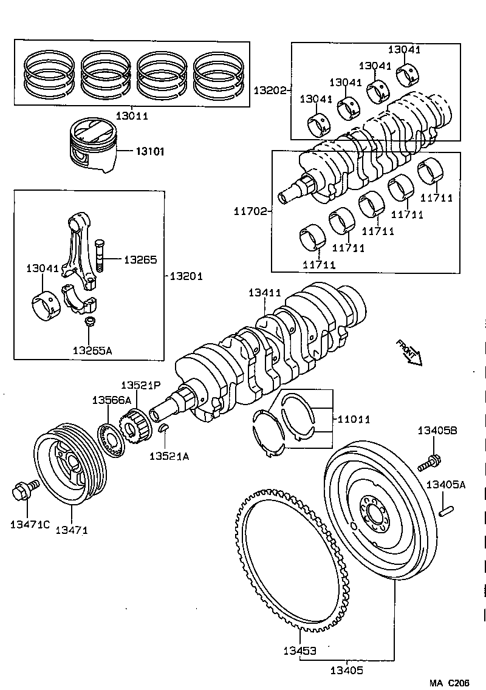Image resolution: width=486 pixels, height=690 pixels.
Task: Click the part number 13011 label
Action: pyautogui.click(x=131, y=115)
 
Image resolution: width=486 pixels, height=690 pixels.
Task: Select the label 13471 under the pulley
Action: pyautogui.click(x=72, y=530)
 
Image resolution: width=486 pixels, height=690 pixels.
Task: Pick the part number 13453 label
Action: pyautogui.click(x=299, y=651)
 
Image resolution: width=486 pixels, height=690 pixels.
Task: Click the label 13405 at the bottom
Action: pyautogui.click(x=346, y=671)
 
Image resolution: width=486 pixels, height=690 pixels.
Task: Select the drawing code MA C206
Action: pyautogui.click(x=449, y=683)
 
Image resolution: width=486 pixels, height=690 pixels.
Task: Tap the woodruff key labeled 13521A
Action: pyautogui.click(x=163, y=429)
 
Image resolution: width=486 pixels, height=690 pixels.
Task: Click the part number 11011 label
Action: pyautogui.click(x=354, y=419)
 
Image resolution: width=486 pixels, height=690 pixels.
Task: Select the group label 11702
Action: pyautogui.click(x=251, y=211)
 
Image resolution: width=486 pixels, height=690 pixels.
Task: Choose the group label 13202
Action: pyautogui.click(x=270, y=90)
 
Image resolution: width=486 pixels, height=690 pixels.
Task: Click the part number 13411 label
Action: pyautogui.click(x=264, y=293)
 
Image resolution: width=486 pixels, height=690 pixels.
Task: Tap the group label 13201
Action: pyautogui.click(x=185, y=276)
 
